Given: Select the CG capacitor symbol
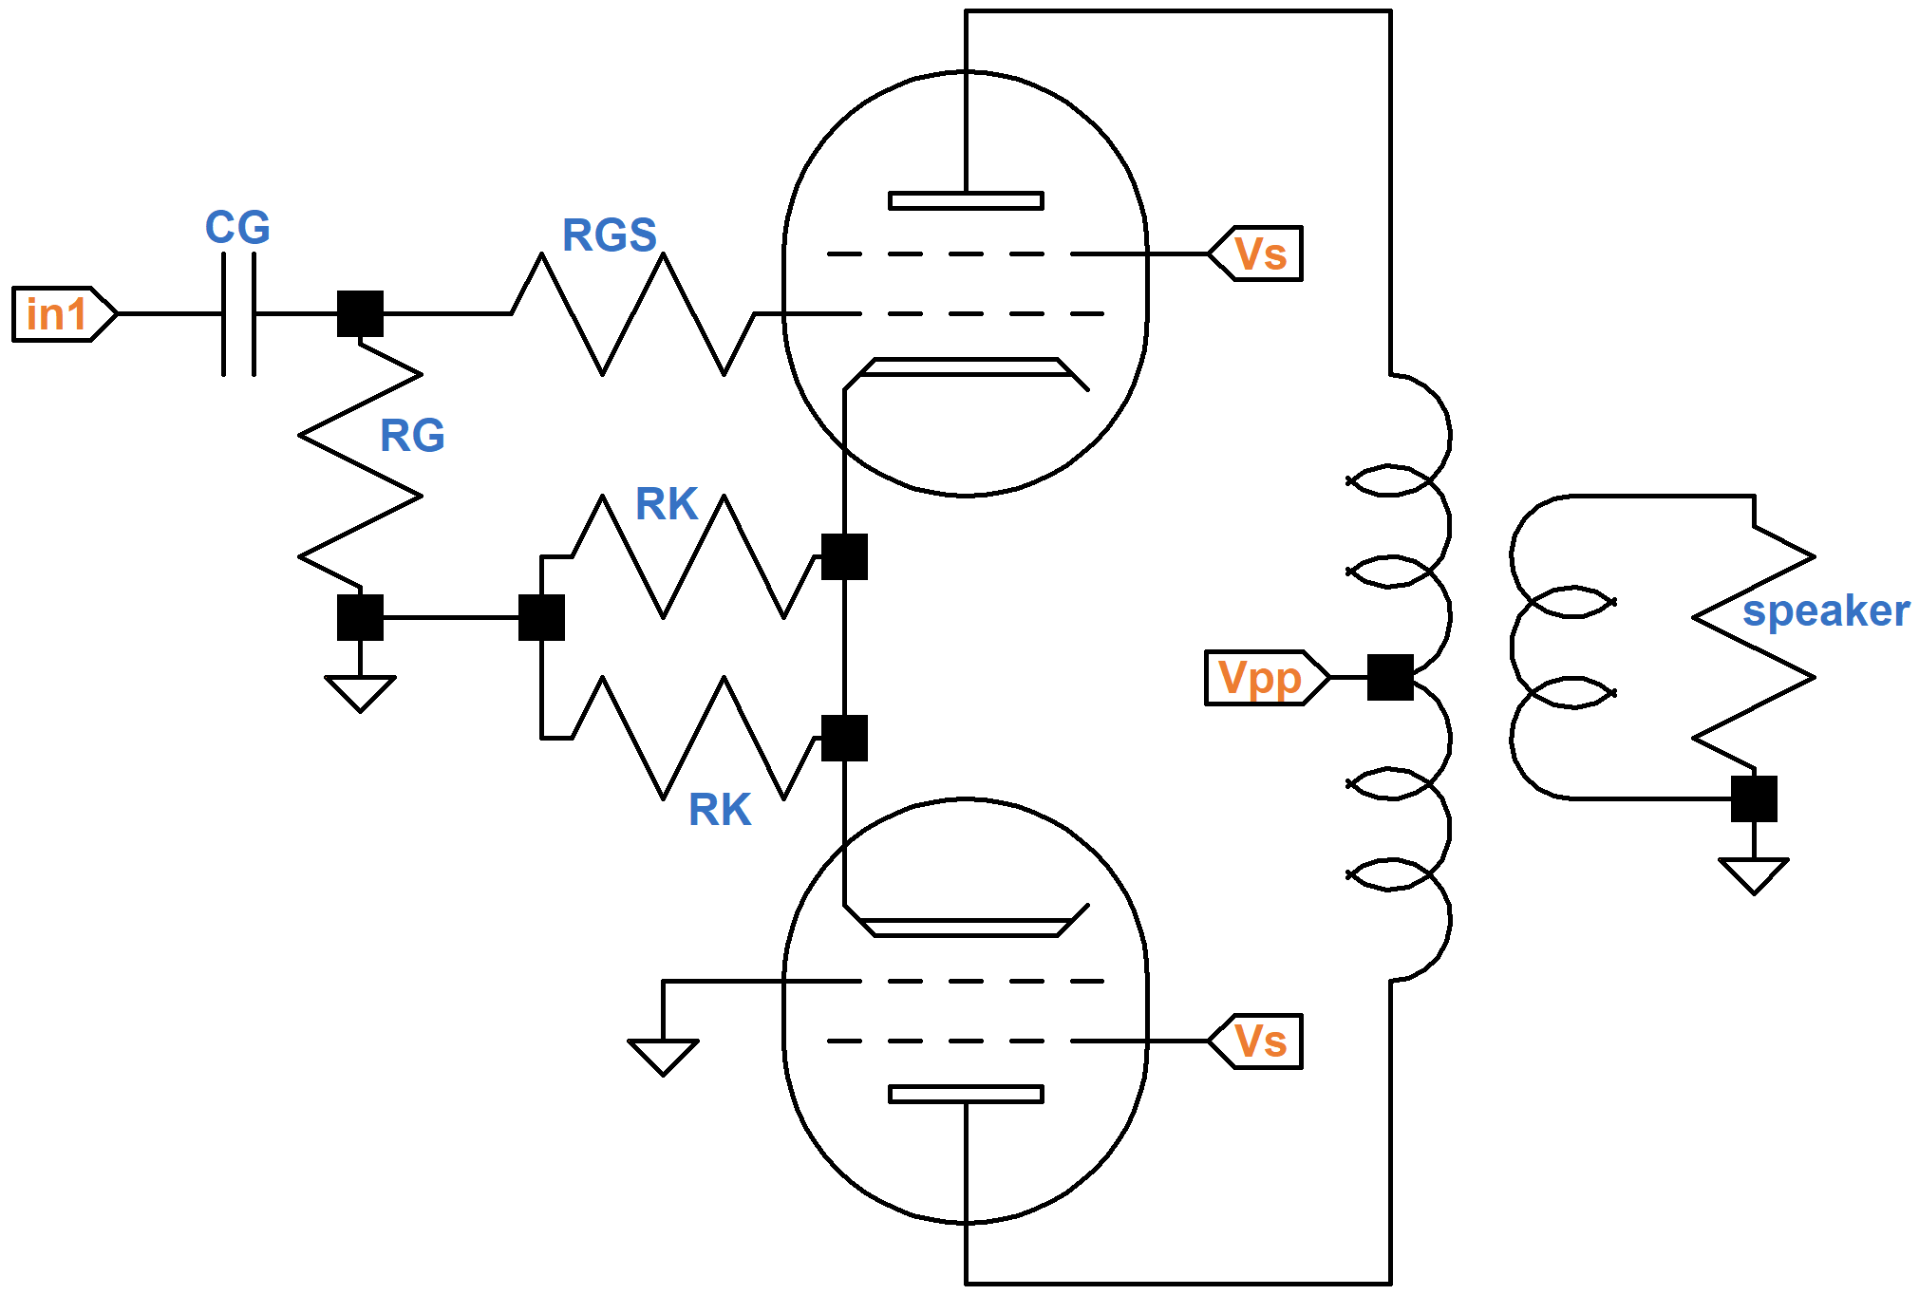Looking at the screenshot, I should coord(239,314).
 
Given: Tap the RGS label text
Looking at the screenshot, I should coord(609,235).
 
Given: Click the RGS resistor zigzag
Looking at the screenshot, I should coord(632,314).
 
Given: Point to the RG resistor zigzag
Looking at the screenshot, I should coord(360,465).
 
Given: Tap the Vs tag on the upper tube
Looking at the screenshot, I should coord(1257,253).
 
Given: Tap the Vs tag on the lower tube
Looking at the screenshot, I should coord(1257,1042).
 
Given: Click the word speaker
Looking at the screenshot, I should coord(1825,610).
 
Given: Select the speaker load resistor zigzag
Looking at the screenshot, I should coord(1754,646).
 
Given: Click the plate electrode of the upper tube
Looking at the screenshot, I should coord(966,200).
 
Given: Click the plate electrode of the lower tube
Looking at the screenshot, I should coord(966,1095).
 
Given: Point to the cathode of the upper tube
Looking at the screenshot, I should coord(966,368).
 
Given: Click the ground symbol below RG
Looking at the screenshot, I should coord(360,691).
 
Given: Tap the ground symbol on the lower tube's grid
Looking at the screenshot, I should coord(663,1055).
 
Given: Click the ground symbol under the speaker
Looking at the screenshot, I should coord(1753,873).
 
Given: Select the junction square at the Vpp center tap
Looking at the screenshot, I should coord(1390,678).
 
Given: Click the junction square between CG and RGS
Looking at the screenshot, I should coord(360,314).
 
